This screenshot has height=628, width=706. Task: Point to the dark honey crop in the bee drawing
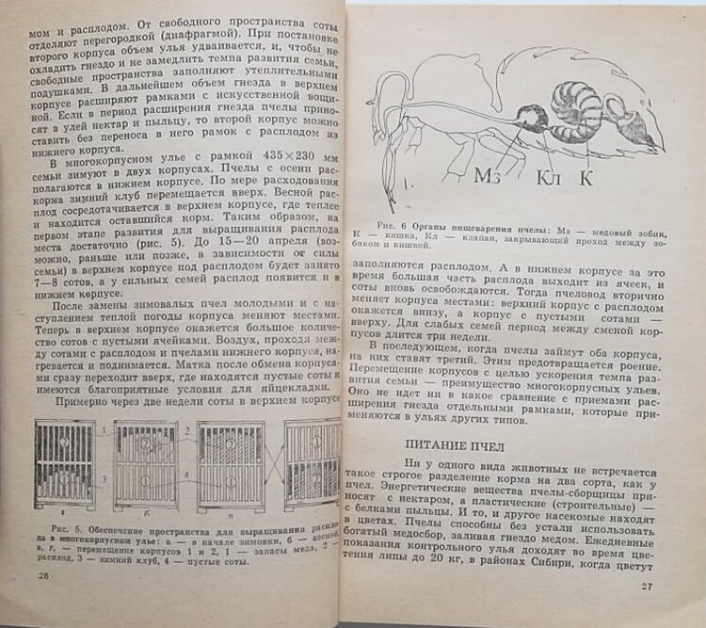tap(531, 120)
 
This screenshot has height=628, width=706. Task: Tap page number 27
tap(645, 588)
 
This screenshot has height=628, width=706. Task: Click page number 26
tap(40, 574)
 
